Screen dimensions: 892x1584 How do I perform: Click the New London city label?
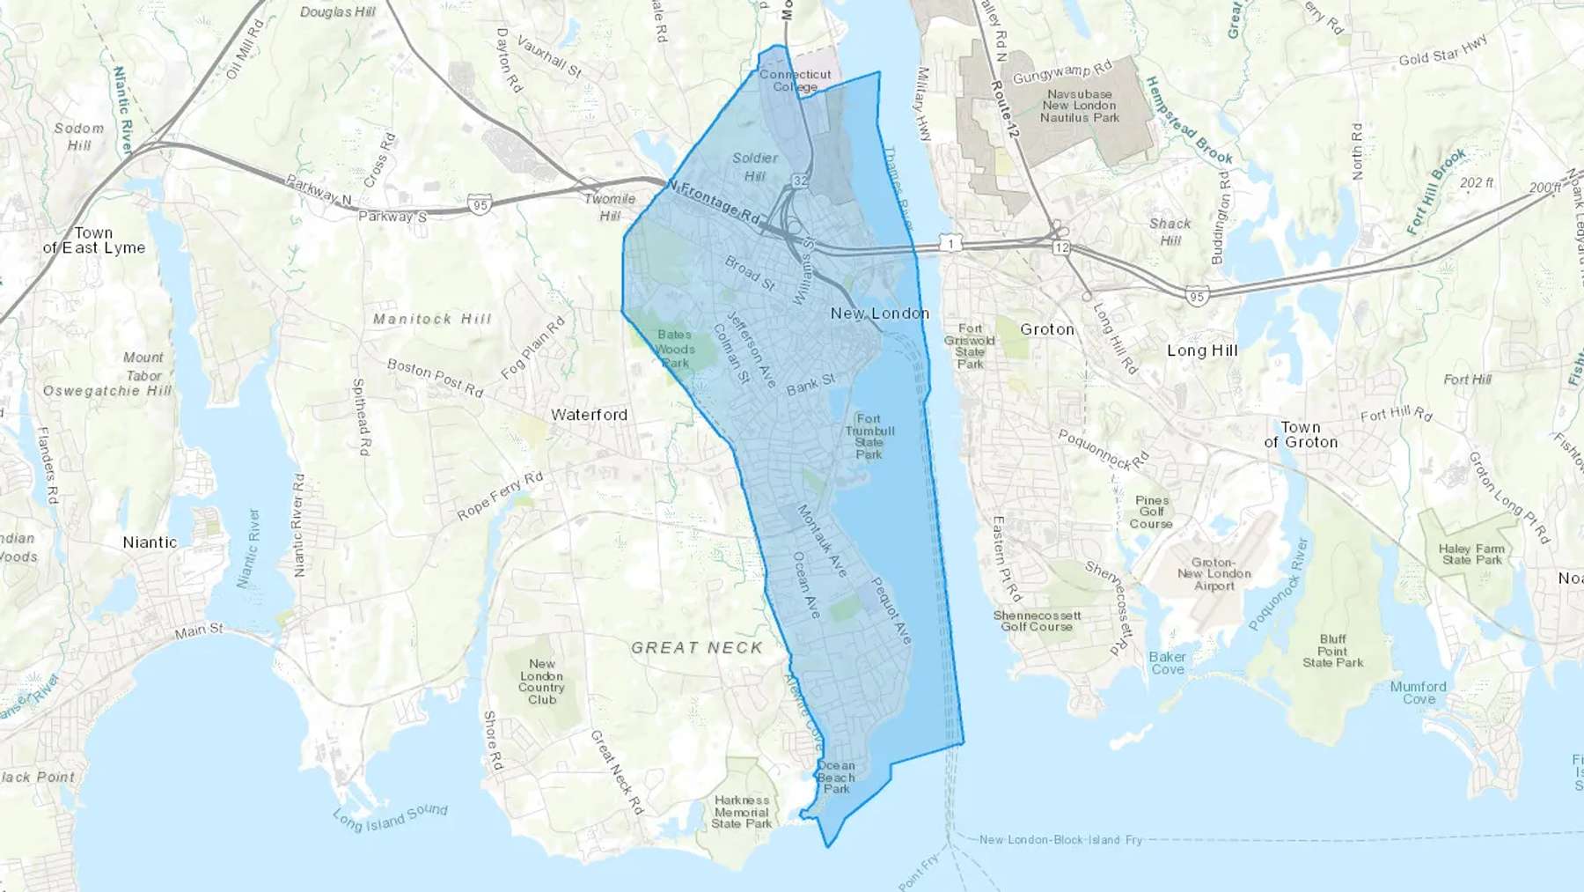tap(879, 313)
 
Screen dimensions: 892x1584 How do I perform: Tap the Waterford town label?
tap(589, 415)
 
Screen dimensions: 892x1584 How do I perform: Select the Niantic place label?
tap(150, 542)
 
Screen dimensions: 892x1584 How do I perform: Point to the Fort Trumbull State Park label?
tap(869, 437)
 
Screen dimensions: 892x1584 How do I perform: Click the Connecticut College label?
tap(795, 81)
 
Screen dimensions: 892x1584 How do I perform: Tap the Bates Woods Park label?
tap(675, 349)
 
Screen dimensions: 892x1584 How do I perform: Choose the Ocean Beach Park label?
tap(836, 778)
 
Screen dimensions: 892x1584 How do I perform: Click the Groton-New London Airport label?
tap(1214, 574)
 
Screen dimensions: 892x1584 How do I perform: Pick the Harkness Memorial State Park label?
tap(742, 813)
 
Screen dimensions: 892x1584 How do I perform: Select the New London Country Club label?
tap(541, 682)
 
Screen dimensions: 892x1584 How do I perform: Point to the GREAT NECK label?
tap(697, 648)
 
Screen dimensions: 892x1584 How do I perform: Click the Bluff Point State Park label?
tap(1332, 651)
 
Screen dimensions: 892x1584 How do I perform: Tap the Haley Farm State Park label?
tap(1471, 554)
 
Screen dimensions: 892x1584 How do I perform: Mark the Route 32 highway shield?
tap(799, 181)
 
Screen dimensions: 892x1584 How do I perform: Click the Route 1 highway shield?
tap(950, 244)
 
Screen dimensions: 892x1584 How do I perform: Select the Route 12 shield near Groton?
tap(1062, 248)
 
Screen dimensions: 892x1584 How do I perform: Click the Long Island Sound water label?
tap(390, 818)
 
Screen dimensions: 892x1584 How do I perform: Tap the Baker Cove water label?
tap(1167, 663)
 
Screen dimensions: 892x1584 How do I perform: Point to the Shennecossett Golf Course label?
tap(1037, 621)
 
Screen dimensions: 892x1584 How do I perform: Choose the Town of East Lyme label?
tap(93, 240)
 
